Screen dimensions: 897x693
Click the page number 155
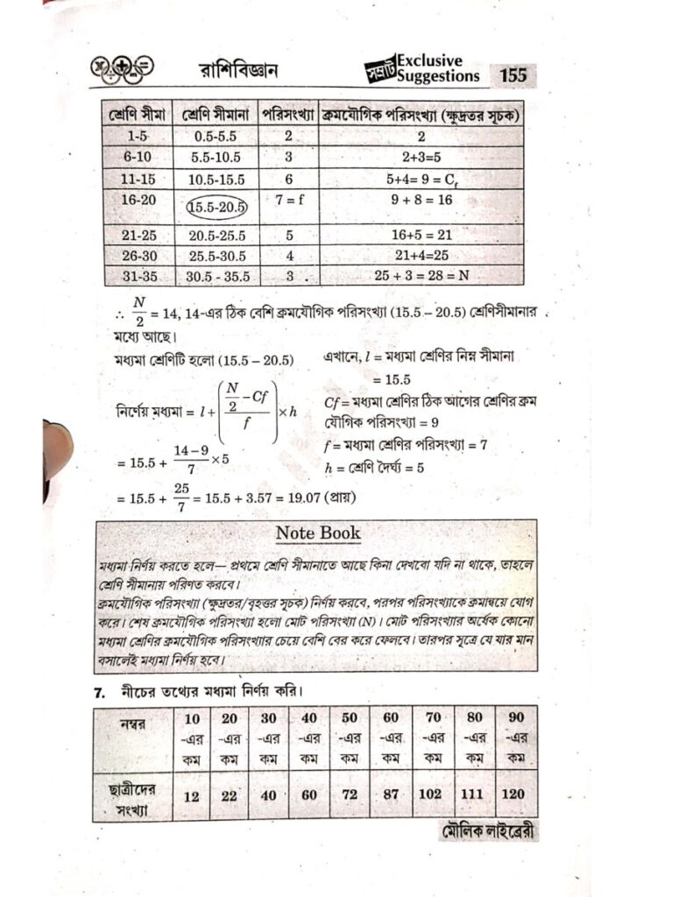(513, 75)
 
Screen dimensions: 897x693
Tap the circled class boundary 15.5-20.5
(218, 208)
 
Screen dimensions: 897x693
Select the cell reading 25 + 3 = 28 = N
(421, 275)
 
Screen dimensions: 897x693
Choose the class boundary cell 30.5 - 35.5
(218, 275)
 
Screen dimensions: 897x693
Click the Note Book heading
(317, 533)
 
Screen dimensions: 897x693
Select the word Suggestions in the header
(438, 76)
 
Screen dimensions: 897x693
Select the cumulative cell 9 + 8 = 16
(421, 201)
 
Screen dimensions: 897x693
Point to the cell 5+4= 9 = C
(421, 178)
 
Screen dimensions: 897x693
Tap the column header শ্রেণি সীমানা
(218, 115)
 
